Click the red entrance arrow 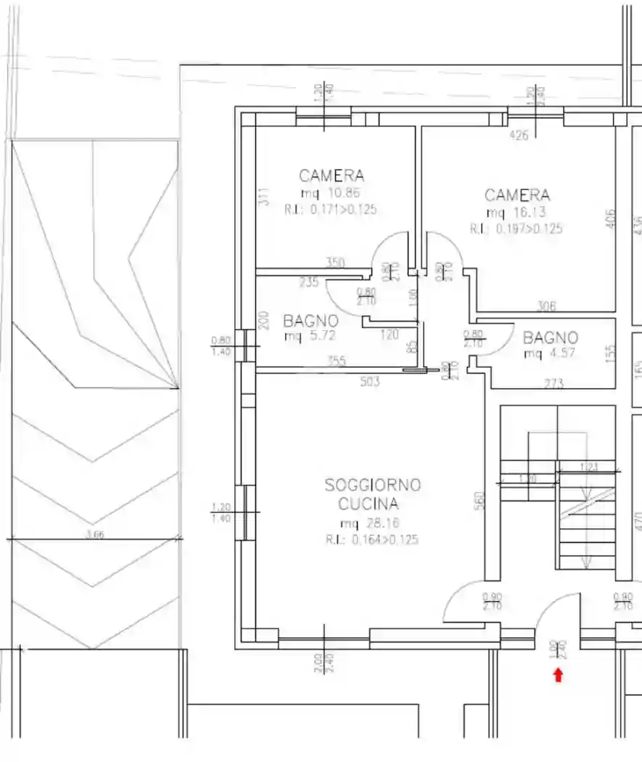558,676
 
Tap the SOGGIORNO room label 373,486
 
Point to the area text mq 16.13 517,213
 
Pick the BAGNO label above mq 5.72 310,320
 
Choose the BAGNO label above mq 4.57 551,337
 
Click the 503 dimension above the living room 370,380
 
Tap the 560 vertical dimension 479,501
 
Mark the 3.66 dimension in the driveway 94,535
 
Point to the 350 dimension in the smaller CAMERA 334,263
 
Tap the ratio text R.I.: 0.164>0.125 372,540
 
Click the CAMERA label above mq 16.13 517,195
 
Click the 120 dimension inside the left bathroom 390,335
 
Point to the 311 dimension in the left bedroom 263,198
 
